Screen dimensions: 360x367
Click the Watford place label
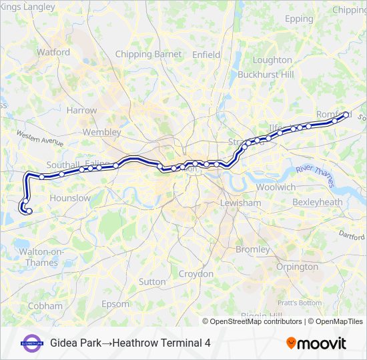(x=53, y=51)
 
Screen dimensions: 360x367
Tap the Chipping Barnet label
(x=148, y=54)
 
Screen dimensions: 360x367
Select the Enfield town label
(x=206, y=54)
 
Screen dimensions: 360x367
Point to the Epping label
(x=299, y=19)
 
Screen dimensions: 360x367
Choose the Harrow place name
(x=81, y=110)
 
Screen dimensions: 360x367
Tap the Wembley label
(x=102, y=132)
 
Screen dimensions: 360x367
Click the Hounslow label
(x=70, y=198)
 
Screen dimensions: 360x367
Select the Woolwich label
(x=276, y=187)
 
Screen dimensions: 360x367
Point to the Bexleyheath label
(x=317, y=202)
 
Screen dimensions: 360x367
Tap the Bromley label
(x=252, y=249)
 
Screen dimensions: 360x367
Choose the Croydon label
(x=196, y=274)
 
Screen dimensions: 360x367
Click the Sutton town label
(x=152, y=282)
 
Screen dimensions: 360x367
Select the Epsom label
(x=116, y=304)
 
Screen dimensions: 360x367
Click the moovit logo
(x=316, y=343)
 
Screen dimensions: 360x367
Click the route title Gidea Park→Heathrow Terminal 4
(x=130, y=343)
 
